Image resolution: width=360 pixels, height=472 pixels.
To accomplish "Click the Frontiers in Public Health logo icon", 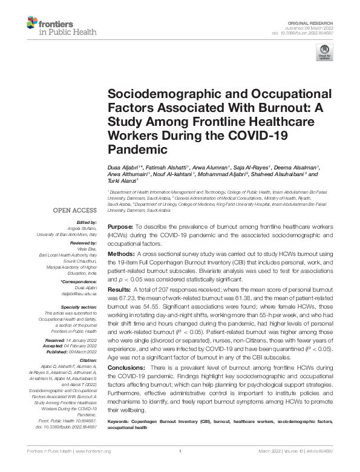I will pyautogui.click(x=32, y=25).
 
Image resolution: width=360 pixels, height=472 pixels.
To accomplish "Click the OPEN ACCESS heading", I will pyautogui.click(x=75, y=211).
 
